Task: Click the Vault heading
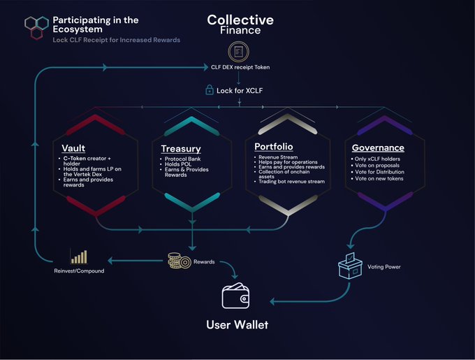(74, 149)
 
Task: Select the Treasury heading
(180, 149)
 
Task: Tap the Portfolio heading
(273, 147)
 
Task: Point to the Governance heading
(378, 148)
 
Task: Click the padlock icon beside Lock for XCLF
(209, 90)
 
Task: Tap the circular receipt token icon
(238, 52)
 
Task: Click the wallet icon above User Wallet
(237, 297)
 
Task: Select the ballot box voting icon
(350, 265)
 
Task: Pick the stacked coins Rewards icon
(178, 261)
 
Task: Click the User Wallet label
(237, 325)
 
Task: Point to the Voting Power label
(383, 266)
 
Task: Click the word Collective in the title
(240, 20)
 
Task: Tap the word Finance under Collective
(240, 30)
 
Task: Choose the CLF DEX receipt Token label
(240, 67)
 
